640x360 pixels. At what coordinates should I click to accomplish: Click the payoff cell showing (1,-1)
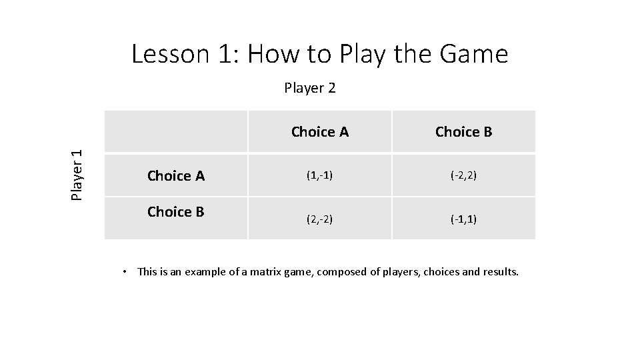(319, 176)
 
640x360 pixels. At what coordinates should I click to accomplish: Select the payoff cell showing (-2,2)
(463, 176)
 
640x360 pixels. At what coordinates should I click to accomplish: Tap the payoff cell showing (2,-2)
(319, 219)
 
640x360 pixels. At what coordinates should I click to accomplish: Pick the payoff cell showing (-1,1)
(463, 219)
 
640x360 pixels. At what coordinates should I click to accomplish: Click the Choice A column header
(319, 132)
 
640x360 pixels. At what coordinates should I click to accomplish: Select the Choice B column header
(463, 132)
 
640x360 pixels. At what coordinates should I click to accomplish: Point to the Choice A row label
(175, 176)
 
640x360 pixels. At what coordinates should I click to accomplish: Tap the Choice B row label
(175, 212)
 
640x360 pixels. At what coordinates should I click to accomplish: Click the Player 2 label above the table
(309, 88)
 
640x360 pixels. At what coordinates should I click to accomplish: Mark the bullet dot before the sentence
(125, 271)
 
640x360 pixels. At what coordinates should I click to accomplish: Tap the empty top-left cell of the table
(175, 132)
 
